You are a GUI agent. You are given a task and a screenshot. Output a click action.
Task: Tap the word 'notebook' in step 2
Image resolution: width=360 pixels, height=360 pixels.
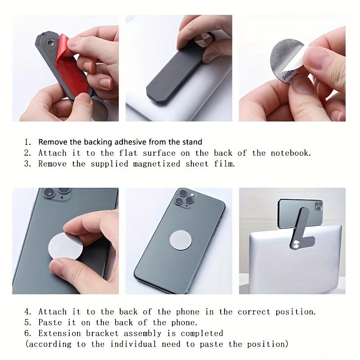(290, 153)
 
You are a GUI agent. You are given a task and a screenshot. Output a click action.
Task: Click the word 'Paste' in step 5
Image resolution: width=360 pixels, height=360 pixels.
(50, 322)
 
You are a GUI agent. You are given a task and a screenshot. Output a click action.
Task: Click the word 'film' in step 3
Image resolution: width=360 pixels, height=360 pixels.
(225, 164)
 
